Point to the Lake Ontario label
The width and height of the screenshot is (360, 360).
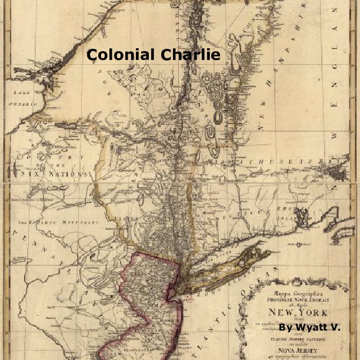(23, 98)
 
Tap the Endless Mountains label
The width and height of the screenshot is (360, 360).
(56, 223)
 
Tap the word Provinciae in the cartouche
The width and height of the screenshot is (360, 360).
(276, 296)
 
